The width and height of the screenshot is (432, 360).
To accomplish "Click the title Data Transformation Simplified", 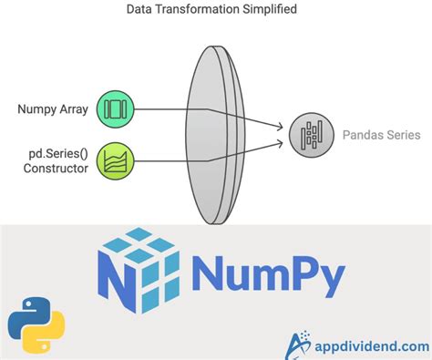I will click(216, 11).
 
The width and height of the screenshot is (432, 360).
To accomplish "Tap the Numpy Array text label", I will click(51, 109).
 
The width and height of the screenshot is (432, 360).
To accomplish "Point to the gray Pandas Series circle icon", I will click(307, 135).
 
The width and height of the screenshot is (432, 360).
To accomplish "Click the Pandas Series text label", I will click(382, 135).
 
